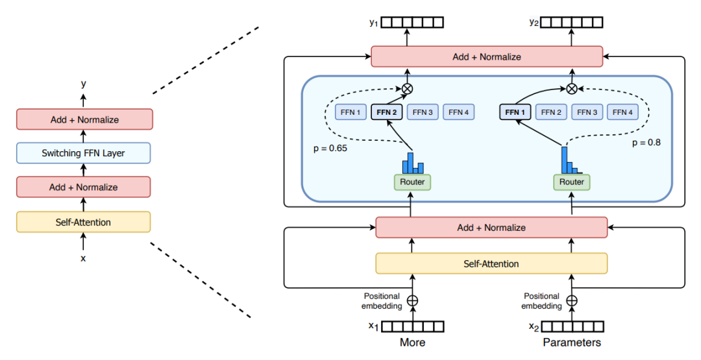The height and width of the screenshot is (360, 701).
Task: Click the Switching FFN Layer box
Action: coord(83,153)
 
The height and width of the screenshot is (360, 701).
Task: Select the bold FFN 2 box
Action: coord(387,112)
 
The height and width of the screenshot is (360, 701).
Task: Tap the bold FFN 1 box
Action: coord(515,112)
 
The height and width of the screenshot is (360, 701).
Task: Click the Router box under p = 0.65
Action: coord(412,182)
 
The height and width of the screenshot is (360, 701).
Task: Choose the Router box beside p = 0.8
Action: coord(572,182)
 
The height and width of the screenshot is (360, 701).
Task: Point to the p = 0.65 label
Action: coord(330,149)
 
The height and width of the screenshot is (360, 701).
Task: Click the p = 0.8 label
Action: coord(646,143)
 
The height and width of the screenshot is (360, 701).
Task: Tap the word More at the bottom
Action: coord(412,342)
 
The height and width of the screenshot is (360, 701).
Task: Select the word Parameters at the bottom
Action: coord(572,342)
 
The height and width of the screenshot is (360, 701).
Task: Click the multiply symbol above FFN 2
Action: coord(407,88)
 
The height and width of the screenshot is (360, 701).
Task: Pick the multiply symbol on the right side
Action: coord(572,88)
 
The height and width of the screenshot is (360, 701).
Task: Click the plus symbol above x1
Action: coord(413,300)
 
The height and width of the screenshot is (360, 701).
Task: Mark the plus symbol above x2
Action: coord(572,300)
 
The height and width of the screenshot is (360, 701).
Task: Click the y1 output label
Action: coord(374,22)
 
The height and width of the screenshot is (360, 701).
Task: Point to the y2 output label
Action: coord(534,22)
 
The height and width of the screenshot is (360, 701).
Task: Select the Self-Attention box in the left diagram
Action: coord(83,222)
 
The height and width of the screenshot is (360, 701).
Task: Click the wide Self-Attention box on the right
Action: coord(491,263)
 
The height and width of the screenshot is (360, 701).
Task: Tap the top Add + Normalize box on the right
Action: coord(487,56)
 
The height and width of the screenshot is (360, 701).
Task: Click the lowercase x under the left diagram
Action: coord(83,259)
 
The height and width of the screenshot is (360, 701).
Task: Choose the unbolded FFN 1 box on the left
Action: coord(350,112)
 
